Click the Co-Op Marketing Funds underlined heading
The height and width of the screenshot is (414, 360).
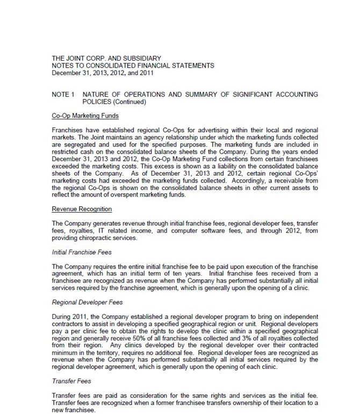(85, 116)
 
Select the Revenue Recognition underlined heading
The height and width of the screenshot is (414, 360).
(82, 209)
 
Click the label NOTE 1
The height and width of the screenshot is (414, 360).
(63, 95)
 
